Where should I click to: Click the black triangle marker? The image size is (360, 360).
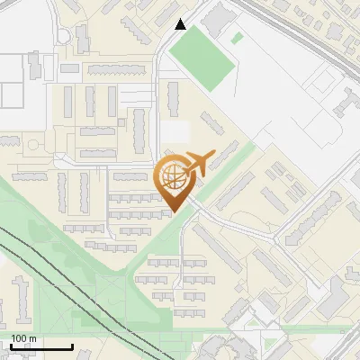coord(181,24)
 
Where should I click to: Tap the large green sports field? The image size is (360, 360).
coord(202,59)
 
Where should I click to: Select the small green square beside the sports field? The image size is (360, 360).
coord(237,38)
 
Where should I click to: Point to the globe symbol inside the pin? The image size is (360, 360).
coord(172,177)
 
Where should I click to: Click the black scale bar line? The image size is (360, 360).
coord(40,347)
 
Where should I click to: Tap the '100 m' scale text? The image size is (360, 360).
coord(24,338)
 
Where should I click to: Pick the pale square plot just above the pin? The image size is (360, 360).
coord(177,132)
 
